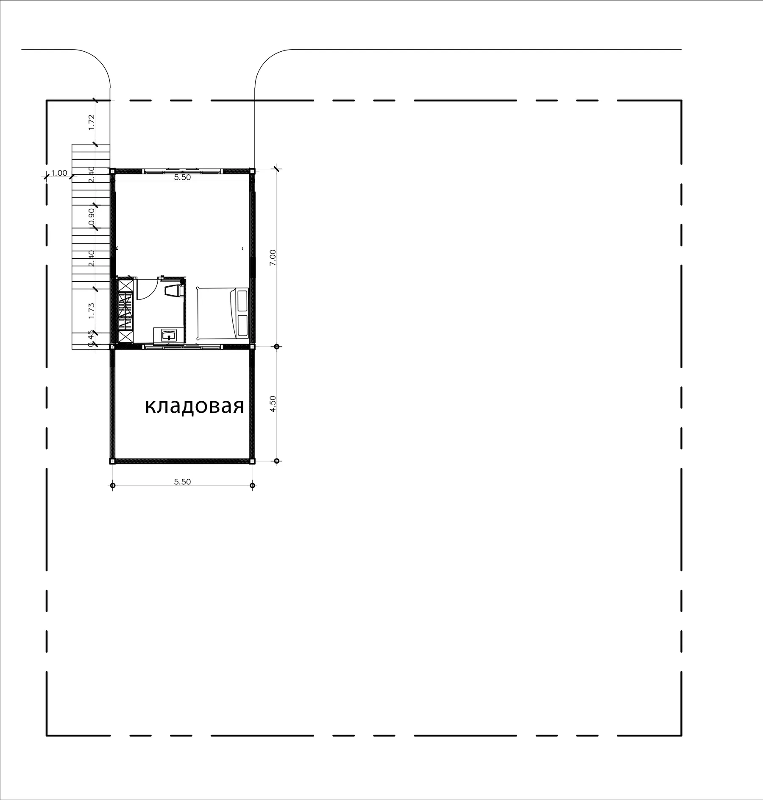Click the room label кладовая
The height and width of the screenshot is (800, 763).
click(195, 406)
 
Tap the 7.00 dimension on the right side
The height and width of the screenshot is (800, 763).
click(273, 257)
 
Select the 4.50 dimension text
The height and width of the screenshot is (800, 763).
click(273, 403)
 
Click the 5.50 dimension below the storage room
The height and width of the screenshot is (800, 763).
click(182, 481)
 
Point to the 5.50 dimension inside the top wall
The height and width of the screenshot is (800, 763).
click(182, 178)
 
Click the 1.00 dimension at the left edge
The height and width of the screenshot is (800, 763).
click(59, 173)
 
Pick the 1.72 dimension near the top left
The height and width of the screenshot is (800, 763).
click(92, 122)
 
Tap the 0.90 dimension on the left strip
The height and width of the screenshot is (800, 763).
click(92, 217)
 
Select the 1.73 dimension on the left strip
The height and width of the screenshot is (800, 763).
click(92, 310)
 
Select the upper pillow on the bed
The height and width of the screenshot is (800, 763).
click(242, 300)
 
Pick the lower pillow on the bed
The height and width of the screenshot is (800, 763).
click(242, 325)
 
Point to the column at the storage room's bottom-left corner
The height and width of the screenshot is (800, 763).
click(112, 461)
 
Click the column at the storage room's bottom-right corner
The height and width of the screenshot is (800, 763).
click(252, 461)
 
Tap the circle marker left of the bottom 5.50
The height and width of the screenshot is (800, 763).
click(112, 485)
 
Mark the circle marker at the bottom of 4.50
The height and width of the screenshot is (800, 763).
click(277, 461)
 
